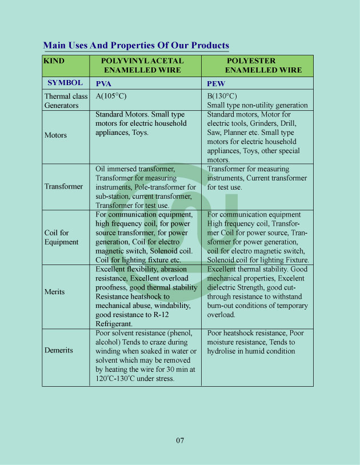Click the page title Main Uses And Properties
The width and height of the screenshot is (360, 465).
click(x=136, y=45)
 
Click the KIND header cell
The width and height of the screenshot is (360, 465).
click(x=54, y=61)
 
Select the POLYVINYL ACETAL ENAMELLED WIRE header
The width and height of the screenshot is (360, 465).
click(x=142, y=65)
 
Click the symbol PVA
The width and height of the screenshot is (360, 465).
click(x=103, y=83)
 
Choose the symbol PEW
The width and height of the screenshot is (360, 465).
click(x=216, y=83)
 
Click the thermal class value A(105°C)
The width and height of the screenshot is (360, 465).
click(x=111, y=96)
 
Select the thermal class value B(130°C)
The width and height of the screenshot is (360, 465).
click(x=222, y=96)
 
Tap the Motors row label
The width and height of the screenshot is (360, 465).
click(x=55, y=135)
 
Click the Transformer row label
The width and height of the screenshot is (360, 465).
click(x=63, y=186)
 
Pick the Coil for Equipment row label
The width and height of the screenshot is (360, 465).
click(x=61, y=237)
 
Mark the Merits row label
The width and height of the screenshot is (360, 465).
click(x=55, y=292)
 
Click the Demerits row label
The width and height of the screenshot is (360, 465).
click(x=59, y=350)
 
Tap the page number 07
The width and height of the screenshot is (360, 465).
click(x=180, y=440)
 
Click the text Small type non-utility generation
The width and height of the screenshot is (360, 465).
click(x=257, y=105)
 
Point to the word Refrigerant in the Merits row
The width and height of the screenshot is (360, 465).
click(x=114, y=323)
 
